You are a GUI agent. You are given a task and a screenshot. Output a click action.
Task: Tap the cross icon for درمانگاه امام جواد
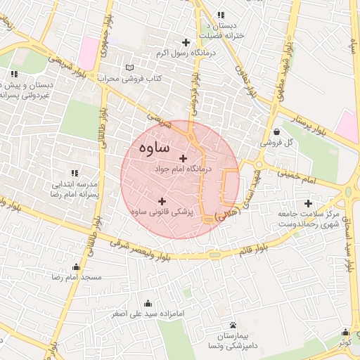184,158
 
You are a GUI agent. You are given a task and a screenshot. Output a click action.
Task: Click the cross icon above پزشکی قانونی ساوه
162,201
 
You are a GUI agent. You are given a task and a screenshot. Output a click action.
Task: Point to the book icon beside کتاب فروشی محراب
128,67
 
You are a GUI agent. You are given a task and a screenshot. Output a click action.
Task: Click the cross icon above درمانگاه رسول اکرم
186,43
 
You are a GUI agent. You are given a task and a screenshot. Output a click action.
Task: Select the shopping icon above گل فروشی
276,131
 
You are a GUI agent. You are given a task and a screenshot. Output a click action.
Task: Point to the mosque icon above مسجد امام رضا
77,267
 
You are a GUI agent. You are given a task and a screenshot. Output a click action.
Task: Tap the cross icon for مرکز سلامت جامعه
309,203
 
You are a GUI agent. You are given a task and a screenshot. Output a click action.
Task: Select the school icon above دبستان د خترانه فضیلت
221,14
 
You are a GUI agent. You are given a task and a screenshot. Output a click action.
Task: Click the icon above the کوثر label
345,333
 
